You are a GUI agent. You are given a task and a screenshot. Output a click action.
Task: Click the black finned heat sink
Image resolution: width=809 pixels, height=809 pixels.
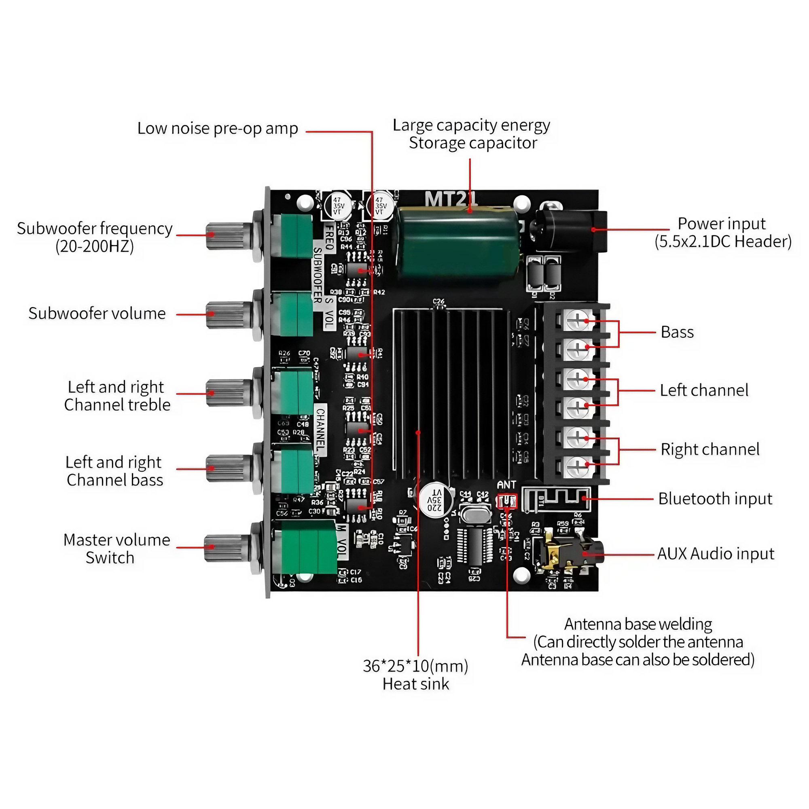click(450, 394)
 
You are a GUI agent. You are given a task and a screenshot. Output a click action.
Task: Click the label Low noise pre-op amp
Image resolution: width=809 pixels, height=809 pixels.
click(218, 129)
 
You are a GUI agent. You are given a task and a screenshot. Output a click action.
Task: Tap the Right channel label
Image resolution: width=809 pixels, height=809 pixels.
click(710, 449)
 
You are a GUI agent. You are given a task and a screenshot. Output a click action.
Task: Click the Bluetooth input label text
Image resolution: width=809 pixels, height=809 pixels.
click(715, 499)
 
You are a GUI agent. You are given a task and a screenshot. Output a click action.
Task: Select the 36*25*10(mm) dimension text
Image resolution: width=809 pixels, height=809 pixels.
click(415, 666)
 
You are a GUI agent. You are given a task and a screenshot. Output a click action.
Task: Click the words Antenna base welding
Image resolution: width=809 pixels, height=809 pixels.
click(638, 624)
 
